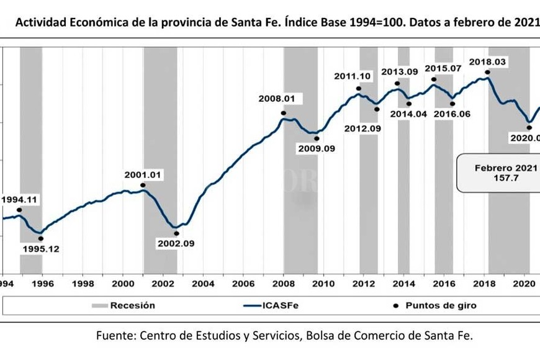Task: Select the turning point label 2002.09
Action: pos(176,243)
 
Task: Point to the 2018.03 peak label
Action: pos(487,61)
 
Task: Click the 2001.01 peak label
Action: pos(142,175)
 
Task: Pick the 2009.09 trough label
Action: pos(315,149)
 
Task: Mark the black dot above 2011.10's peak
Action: pos(358,89)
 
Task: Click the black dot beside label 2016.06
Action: pos(452,104)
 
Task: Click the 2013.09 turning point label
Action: pos(398,72)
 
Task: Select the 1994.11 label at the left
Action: pos(20,199)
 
